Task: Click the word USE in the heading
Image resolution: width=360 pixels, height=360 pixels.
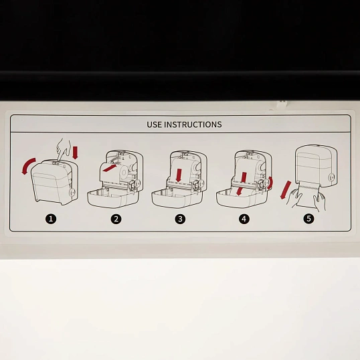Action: (155, 124)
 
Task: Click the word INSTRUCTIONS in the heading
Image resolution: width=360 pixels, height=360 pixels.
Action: (193, 124)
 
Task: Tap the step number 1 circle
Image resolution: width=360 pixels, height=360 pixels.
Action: (51, 219)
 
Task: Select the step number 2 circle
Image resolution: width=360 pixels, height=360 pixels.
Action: (116, 219)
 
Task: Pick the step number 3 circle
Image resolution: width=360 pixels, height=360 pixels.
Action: (180, 219)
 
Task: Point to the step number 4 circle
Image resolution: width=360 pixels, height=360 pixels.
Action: (244, 219)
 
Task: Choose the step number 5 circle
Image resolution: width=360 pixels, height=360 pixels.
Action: (308, 218)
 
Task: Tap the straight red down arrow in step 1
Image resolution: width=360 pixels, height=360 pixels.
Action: (75, 153)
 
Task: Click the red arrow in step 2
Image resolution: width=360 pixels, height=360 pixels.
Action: (110, 168)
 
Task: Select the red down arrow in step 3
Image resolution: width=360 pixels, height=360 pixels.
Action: (179, 175)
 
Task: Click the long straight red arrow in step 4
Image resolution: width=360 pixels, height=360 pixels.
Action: (241, 184)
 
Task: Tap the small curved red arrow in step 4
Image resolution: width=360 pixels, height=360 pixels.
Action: (270, 183)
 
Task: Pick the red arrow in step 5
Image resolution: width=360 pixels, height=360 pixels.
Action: (285, 190)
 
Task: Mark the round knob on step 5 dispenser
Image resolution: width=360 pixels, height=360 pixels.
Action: (331, 177)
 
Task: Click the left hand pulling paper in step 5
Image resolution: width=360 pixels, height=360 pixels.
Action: (293, 198)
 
